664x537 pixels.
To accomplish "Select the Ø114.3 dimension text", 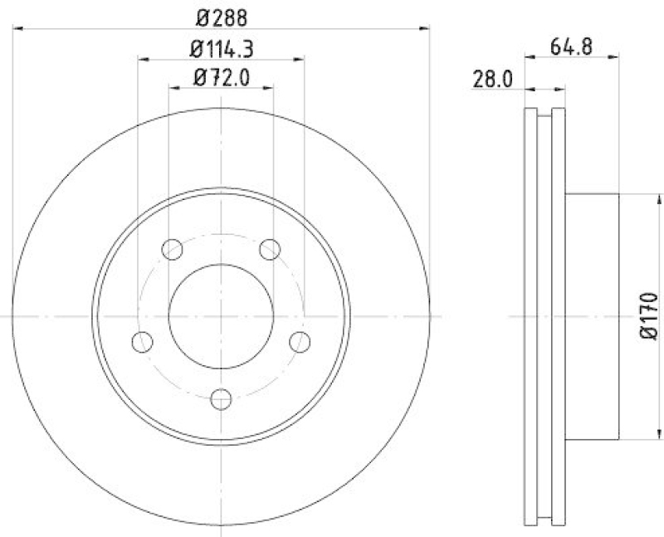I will (222, 48).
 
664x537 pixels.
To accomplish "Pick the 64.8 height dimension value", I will (571, 46).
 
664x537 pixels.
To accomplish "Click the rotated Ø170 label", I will (648, 315).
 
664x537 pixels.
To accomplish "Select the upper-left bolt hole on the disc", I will (173, 248).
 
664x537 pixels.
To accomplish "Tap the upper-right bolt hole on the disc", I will (269, 248).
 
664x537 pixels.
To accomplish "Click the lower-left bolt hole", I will (143, 341).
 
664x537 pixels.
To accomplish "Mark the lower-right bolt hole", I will (299, 341).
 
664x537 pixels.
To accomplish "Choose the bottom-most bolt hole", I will (221, 398).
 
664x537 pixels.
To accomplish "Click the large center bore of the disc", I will (221, 316).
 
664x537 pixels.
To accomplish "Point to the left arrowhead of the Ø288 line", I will (18, 28).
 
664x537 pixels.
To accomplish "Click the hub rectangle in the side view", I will (593, 316).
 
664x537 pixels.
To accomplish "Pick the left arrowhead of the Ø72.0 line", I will (173, 88).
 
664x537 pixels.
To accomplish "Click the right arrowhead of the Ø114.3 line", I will (300, 59).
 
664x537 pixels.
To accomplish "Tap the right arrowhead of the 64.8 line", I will (615, 57).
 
